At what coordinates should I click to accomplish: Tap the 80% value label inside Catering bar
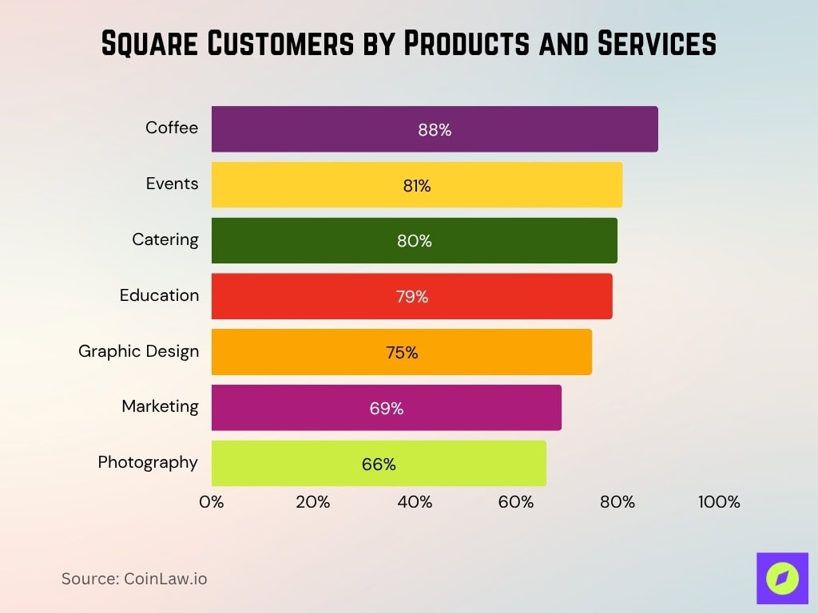[414, 241]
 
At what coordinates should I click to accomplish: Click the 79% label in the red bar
[411, 297]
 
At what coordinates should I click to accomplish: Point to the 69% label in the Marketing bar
[386, 409]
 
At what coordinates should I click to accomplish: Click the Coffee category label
[171, 128]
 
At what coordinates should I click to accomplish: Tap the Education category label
[159, 295]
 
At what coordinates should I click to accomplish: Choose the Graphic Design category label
[138, 351]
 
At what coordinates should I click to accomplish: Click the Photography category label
[148, 462]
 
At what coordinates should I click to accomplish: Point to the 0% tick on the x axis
[211, 502]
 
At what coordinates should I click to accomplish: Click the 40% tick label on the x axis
[414, 502]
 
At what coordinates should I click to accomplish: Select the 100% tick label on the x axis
[719, 502]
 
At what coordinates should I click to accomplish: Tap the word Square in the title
[149, 45]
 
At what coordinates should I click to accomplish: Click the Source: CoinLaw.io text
[134, 579]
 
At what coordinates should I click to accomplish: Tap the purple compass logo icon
[782, 578]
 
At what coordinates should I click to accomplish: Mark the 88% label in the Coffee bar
[435, 130]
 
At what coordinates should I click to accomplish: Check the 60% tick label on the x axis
[515, 502]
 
